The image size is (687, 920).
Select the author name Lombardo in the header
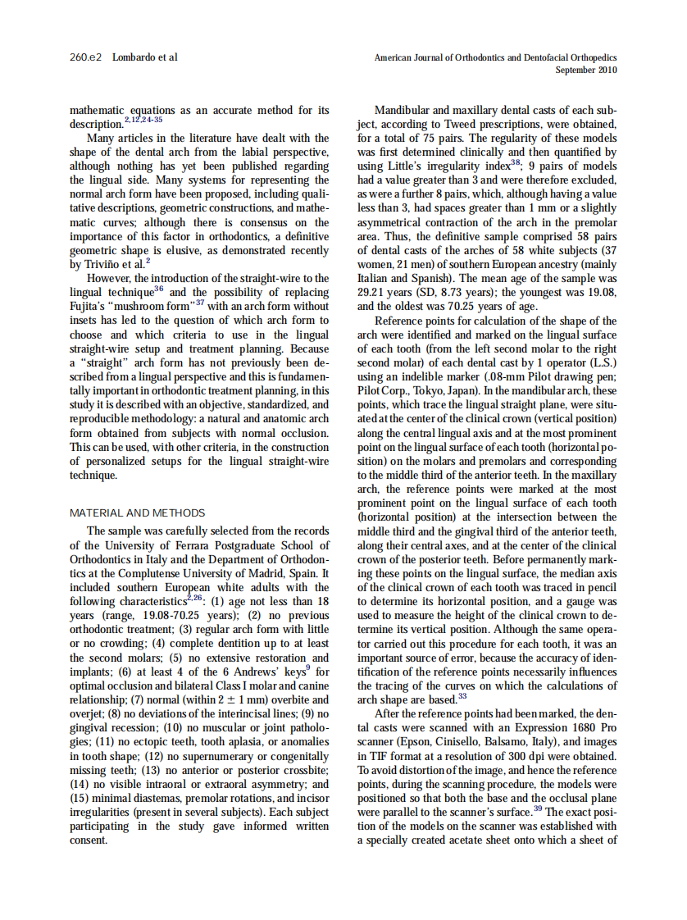click(x=134, y=57)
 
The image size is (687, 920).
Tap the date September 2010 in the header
click(x=586, y=70)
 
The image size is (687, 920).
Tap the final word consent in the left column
click(x=89, y=840)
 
